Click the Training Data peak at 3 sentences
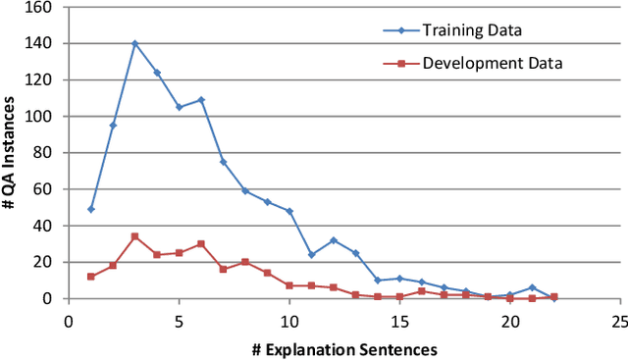pos(134,43)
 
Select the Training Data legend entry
pos(472,29)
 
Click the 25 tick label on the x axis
pos(619,321)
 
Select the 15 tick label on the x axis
pos(399,321)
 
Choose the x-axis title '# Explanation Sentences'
pos(344,347)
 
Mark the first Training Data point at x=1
pos(90,209)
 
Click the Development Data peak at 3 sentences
pos(134,236)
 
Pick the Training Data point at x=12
pos(333,240)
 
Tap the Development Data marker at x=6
pos(200,243)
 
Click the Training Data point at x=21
pos(531,287)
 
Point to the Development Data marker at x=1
pos(90,277)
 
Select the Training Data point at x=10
pos(288,211)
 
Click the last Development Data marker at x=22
pos(553,296)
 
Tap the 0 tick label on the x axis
pos(69,321)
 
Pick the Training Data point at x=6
pos(200,100)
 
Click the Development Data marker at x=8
pos(244,262)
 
